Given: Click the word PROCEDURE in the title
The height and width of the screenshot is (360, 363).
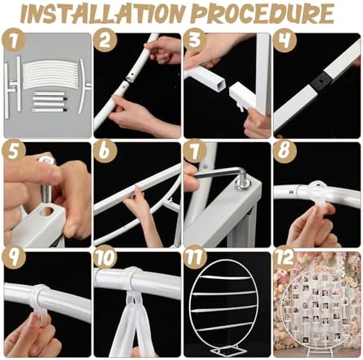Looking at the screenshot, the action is coord(263,13).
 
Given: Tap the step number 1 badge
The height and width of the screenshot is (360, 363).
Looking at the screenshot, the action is coord(13,40).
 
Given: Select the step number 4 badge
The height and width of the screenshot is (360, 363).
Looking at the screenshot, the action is coord(285,40).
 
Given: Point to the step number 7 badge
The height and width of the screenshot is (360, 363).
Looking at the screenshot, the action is coord(195,150).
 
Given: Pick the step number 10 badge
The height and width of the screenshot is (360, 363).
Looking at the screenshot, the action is coord(106,257).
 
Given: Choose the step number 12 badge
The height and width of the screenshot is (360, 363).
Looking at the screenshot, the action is coord(285,257).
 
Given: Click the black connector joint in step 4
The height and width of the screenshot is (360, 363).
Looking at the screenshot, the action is coord(321,81).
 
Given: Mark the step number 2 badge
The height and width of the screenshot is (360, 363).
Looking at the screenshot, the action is coord(106,40).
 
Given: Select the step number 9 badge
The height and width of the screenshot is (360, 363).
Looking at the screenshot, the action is coord(13,257).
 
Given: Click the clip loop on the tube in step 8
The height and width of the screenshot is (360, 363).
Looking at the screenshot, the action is coord(318,193).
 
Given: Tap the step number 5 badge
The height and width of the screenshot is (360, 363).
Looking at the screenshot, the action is coord(13,150).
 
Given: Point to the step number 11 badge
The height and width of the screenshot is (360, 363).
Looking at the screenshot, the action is coord(195,257).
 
